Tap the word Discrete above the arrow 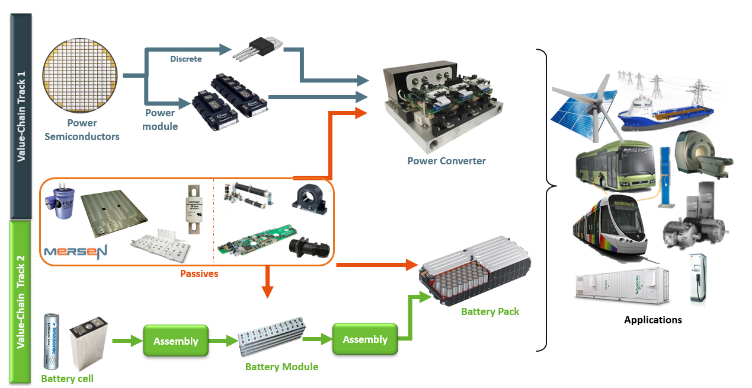(185, 59)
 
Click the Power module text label (160, 119)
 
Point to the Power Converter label (446, 161)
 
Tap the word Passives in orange (199, 274)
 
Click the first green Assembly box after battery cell (175, 341)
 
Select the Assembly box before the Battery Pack (364, 339)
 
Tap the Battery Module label (281, 367)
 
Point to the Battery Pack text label (489, 311)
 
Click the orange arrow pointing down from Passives (267, 282)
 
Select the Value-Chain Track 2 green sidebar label (21, 302)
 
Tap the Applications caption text (652, 320)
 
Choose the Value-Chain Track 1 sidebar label (21, 116)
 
